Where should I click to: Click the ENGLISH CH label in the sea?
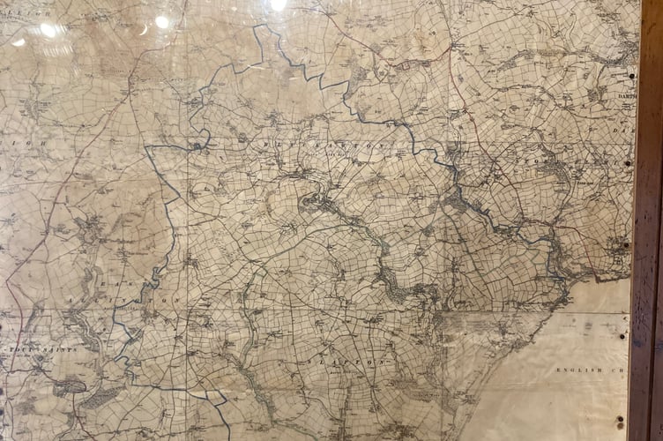[x=591, y=370]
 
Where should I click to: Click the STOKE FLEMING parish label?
[x=564, y=161]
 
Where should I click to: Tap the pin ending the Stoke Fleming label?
[x=628, y=163]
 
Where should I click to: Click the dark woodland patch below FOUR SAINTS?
[x=71, y=386]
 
